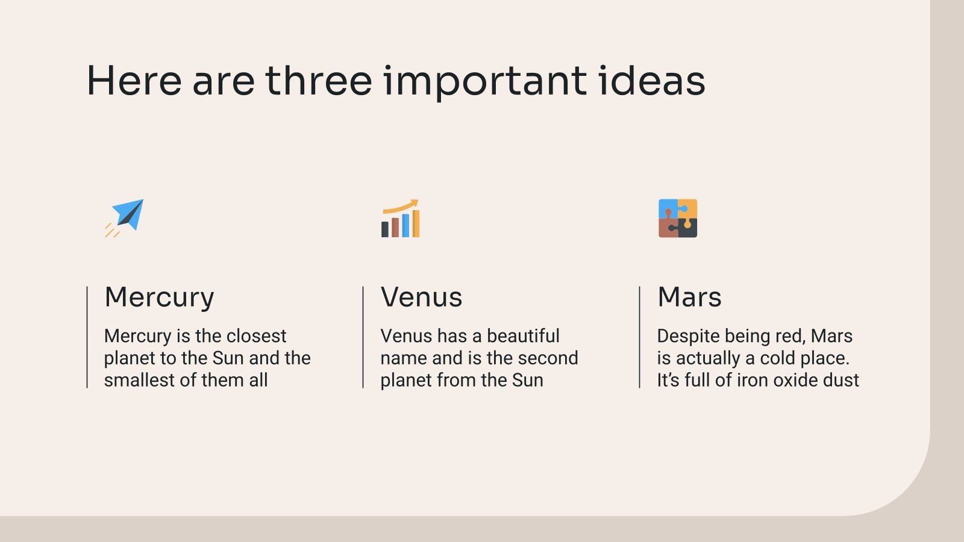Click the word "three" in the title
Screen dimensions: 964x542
pyautogui.click(x=319, y=81)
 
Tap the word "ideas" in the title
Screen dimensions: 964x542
pyautogui.click(x=651, y=81)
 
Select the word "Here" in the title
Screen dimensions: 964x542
pyautogui.click(x=134, y=81)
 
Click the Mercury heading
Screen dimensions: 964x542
pyautogui.click(x=159, y=297)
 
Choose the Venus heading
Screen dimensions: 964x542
pyautogui.click(x=421, y=297)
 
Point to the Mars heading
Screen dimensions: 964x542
pyautogui.click(x=689, y=297)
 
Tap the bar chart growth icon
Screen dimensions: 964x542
pyautogui.click(x=400, y=218)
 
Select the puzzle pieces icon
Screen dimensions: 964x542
pyautogui.click(x=678, y=218)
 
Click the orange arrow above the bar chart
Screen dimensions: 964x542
pyautogui.click(x=400, y=207)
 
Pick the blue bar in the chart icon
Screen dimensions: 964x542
pyautogui.click(x=405, y=225)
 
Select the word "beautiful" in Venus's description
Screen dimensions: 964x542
pyautogui.click(x=523, y=336)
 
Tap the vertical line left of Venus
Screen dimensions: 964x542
pyautogui.click(x=363, y=337)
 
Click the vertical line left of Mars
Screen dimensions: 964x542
pyautogui.click(x=639, y=337)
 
